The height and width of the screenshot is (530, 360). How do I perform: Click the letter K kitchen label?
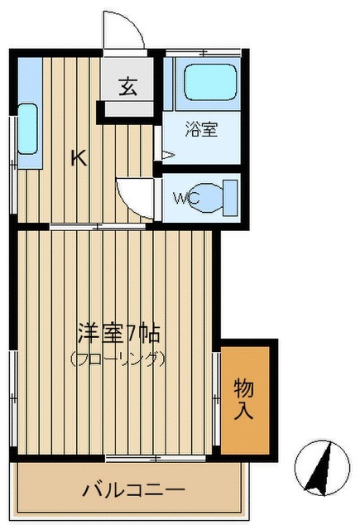point(78,157)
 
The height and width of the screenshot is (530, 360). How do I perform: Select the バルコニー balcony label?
point(132,490)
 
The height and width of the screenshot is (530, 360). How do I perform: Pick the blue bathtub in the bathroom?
point(209,84)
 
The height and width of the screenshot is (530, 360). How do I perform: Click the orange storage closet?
point(245,398)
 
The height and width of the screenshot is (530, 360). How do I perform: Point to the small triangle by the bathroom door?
point(167,153)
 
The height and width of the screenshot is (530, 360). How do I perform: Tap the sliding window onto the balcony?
point(145,457)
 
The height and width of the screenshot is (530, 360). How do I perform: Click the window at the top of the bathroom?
point(204,54)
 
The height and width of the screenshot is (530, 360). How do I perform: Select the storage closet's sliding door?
point(217,397)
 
